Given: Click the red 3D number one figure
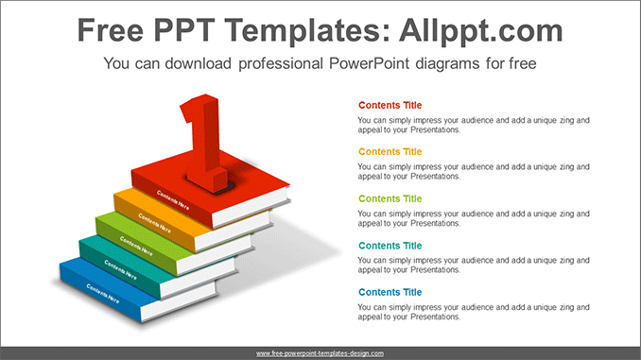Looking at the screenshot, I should [x=207, y=137].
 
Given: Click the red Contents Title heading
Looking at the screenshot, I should [x=390, y=105].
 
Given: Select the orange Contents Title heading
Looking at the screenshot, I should [x=390, y=151].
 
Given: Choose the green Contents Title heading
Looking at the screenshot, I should [x=390, y=198].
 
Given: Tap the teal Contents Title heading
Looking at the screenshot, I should [x=390, y=245].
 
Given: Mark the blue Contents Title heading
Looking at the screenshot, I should [x=390, y=292].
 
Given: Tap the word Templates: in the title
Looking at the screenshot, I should [x=302, y=31].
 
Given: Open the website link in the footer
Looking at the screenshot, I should [x=320, y=352].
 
